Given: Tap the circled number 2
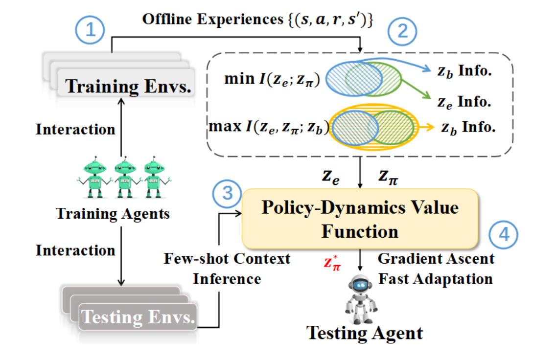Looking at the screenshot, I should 403,32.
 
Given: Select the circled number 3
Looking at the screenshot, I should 227,194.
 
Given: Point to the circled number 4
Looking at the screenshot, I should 503,235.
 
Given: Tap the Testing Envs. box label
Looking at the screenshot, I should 139,316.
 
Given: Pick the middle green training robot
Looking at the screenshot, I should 125,177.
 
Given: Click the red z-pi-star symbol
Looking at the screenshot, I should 332,263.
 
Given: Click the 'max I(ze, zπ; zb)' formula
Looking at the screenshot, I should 268,127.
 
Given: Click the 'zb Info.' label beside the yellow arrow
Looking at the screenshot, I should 469,128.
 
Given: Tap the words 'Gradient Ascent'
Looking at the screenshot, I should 436,258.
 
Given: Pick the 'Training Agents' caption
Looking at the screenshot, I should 113,214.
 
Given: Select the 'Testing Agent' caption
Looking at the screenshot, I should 365,333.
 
